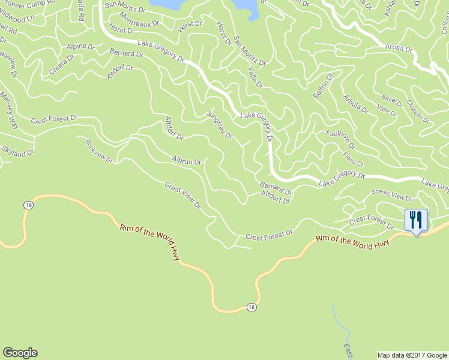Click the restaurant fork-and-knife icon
[415, 219]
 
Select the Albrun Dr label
[187, 161]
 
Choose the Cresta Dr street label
[62, 66]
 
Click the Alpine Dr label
[81, 46]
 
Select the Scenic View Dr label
[391, 194]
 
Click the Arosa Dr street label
[399, 49]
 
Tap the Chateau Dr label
[418, 112]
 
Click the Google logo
[20, 353]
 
